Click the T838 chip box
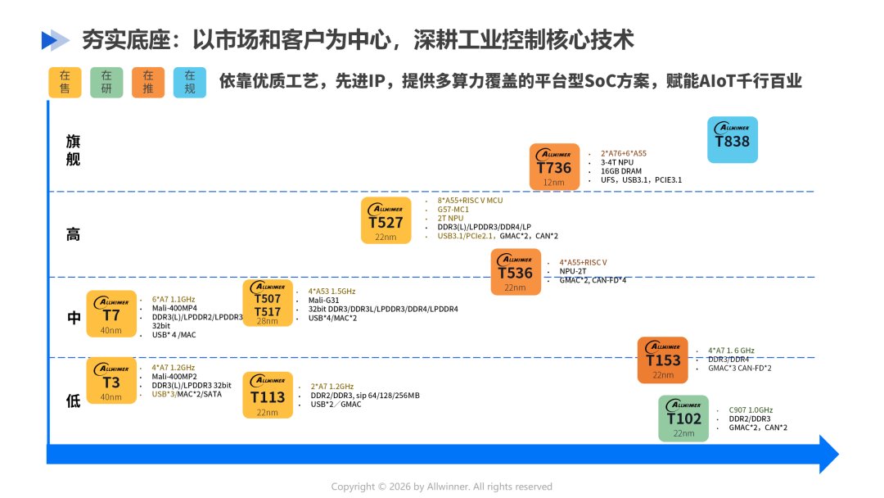tap(732, 139)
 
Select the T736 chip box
tap(554, 167)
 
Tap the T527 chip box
tap(386, 220)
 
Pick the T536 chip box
tap(516, 272)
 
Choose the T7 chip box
tap(111, 314)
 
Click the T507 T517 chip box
tap(268, 303)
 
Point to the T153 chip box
tap(663, 360)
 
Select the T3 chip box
tap(111, 381)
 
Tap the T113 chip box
tap(268, 395)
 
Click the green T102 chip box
tap(683, 419)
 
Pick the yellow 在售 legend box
tap(65, 82)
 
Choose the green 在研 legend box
tap(106, 82)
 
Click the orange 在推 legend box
tap(148, 82)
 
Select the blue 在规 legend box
tap(190, 82)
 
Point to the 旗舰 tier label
tap(74, 150)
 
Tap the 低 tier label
tap(74, 401)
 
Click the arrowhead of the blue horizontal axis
tap(828, 454)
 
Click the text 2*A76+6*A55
tap(624, 153)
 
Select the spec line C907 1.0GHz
tap(751, 410)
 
